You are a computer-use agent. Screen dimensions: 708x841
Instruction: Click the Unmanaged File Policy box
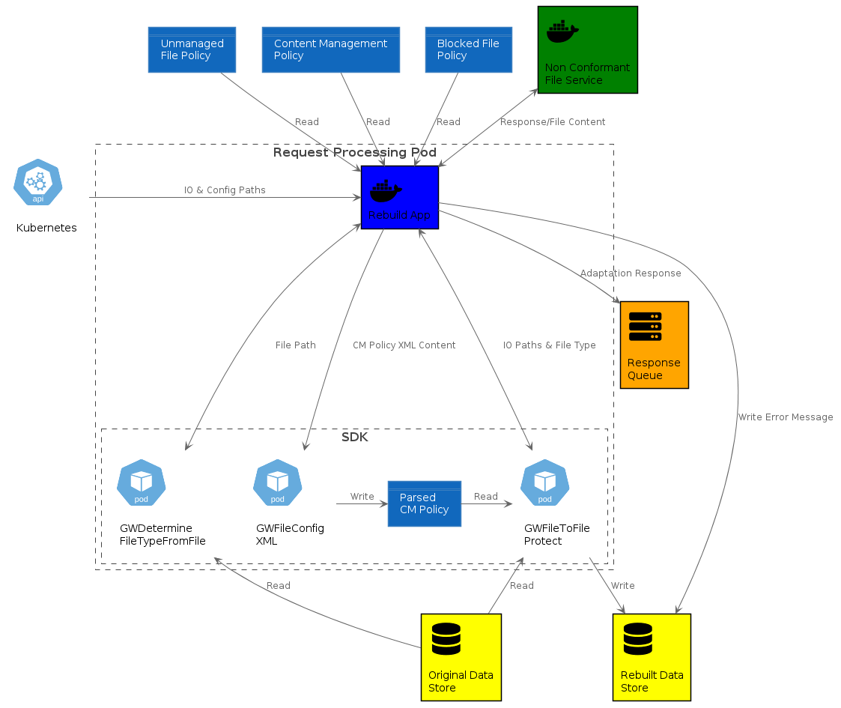click(192, 50)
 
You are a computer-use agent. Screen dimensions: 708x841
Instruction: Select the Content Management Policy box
click(330, 50)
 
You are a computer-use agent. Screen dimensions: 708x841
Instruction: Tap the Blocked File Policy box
click(468, 50)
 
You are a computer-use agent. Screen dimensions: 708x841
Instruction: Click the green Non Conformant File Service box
click(587, 49)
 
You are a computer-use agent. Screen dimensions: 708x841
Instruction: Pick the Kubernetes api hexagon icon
click(38, 182)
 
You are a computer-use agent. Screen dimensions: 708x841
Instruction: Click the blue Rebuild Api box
click(399, 198)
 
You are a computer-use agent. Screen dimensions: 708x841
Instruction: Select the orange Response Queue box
click(654, 345)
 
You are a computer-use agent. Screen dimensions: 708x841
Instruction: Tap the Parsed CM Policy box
click(424, 503)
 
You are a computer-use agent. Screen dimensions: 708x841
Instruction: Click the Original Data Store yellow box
click(461, 657)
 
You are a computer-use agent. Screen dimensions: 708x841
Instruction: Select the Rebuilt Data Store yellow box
click(652, 657)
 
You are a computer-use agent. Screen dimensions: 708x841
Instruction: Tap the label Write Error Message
click(785, 417)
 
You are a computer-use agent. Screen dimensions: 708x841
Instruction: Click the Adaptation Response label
click(631, 273)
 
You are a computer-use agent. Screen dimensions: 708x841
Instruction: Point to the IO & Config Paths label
click(225, 190)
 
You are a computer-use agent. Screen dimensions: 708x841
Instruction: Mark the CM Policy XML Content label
click(404, 345)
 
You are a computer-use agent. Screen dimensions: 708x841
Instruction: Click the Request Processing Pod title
click(354, 153)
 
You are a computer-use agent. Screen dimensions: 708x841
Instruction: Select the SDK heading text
click(354, 438)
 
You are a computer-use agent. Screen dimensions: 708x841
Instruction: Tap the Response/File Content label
click(553, 122)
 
